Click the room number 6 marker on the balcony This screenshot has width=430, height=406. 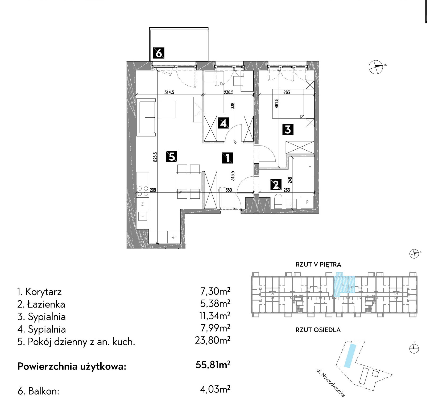tap(159, 53)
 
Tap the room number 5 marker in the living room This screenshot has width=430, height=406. tap(172, 156)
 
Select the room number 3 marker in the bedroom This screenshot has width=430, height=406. tap(288, 129)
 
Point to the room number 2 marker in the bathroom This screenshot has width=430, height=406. tap(276, 185)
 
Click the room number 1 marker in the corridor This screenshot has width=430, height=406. tap(228, 158)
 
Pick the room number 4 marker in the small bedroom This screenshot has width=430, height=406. tap(223, 123)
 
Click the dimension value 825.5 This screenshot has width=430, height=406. tap(155, 157)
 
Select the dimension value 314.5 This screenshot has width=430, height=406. tap(169, 92)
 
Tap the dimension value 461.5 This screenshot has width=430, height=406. tap(276, 103)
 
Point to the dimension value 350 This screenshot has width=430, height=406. tap(229, 190)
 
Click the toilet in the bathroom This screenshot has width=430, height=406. tap(278, 201)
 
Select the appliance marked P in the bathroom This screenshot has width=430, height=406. tap(307, 202)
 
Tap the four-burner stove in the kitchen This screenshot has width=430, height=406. tap(143, 191)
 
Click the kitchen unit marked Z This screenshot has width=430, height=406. tap(143, 204)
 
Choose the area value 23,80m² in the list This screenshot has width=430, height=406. tap(213, 340)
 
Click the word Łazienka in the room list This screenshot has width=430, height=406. tap(46, 304)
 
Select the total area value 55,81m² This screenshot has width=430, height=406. tap(213, 364)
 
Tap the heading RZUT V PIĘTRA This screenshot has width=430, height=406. tap(318, 264)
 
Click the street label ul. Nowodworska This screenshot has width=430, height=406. tap(331, 383)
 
